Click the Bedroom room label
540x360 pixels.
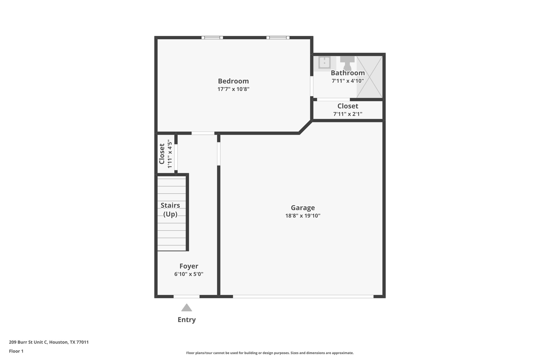[233, 81]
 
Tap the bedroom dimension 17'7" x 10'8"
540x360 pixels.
[233, 89]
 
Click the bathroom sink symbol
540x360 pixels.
[324, 63]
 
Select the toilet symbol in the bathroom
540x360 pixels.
[347, 63]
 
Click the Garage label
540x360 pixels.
[303, 208]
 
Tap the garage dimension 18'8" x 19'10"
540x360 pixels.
[303, 216]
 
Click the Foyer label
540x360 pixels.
[189, 266]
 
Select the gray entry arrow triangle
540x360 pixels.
[186, 308]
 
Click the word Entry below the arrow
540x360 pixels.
[186, 320]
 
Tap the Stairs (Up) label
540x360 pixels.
[170, 210]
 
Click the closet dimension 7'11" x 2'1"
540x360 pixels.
[348, 114]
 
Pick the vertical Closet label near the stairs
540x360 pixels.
[162, 154]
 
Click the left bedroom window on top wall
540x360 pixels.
[212, 38]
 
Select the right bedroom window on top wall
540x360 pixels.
[278, 38]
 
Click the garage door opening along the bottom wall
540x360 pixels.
[303, 296]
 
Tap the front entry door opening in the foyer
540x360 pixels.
[186, 296]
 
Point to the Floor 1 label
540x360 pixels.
[16, 351]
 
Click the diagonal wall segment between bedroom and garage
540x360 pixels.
[306, 127]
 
